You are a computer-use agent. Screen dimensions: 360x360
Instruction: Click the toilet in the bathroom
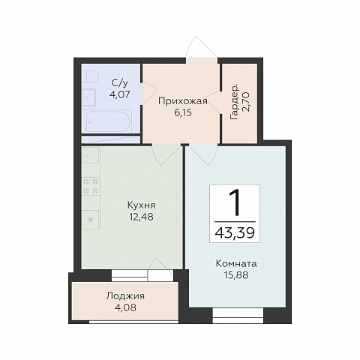point(90,77)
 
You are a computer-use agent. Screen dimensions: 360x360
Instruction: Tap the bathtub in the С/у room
point(108,122)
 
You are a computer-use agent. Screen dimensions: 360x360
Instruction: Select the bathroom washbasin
point(89,97)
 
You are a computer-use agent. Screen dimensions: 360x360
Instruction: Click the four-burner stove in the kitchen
point(91,187)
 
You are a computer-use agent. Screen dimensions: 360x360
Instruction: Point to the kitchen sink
point(91,155)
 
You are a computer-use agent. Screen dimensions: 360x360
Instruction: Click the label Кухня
point(142,205)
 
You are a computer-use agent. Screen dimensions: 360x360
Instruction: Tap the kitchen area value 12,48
point(142,217)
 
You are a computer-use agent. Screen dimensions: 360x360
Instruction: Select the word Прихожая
point(183,101)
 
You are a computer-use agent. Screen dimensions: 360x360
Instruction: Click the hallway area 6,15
point(183,112)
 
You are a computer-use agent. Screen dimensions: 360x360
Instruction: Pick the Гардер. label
point(235,103)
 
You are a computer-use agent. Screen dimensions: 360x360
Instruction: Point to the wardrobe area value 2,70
point(246,103)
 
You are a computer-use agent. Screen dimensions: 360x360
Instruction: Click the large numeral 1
point(235,202)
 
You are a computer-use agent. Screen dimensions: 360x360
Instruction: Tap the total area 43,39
point(235,233)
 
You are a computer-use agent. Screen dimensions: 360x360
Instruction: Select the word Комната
point(236,264)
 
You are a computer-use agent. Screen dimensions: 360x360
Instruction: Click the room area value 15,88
point(236,275)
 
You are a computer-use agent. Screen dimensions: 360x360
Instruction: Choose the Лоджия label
point(125,296)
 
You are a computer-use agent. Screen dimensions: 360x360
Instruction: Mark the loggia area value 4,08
point(125,307)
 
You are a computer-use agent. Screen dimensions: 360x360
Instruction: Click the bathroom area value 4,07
point(120,94)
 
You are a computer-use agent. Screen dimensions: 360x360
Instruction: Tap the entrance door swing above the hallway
point(201,47)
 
